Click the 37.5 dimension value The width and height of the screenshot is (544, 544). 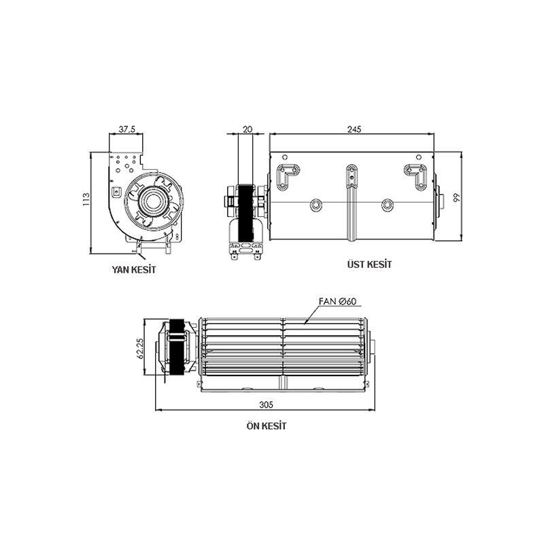tap(126, 128)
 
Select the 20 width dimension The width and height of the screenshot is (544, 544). tap(246, 128)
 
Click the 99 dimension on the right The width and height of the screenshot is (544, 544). tap(457, 198)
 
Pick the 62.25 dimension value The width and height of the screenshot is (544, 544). tap(139, 348)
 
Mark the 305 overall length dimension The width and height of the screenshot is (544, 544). tap(266, 404)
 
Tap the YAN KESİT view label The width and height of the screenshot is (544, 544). tap(134, 269)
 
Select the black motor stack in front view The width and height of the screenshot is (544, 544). tap(178, 347)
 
